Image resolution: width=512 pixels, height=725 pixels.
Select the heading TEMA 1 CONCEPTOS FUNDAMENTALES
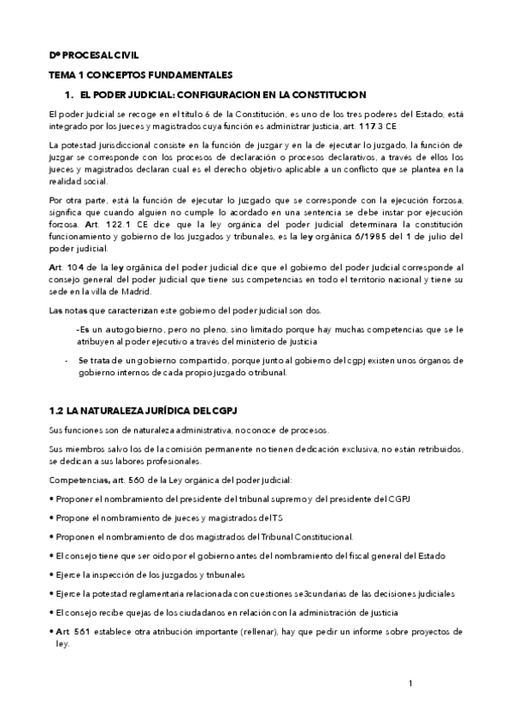pos(141,75)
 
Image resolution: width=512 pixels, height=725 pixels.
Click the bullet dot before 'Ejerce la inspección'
pos(52,575)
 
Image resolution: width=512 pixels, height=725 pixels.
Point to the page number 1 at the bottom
pos(411,684)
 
